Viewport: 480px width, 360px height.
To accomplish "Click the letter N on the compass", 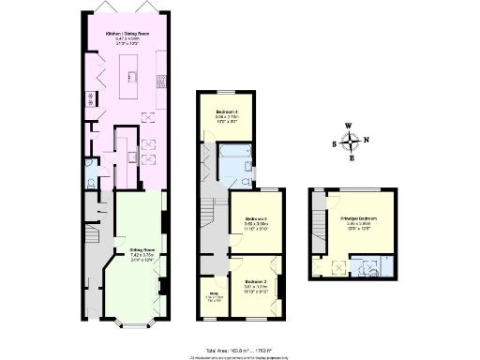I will pos(367,142).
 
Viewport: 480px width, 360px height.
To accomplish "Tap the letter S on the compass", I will pos(335,143).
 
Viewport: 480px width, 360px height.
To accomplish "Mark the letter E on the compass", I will pos(352,159).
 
